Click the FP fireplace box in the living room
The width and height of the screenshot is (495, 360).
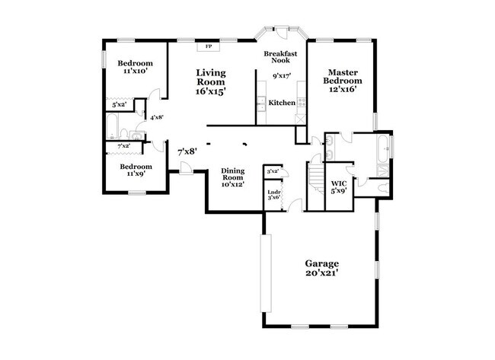pos(209,46)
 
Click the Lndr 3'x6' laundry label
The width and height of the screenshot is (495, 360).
pos(274,194)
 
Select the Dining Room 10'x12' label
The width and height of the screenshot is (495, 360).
pos(232,177)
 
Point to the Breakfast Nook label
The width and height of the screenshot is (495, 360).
pos(279,57)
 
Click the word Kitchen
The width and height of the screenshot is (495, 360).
pos(282,102)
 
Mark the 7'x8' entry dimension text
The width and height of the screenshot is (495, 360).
pos(187,151)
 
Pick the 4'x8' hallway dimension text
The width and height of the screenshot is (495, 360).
pos(157,117)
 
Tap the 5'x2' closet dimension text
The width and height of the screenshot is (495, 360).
pos(119,104)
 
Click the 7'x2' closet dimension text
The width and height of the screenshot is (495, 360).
pos(123,145)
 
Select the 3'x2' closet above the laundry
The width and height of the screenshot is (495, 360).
pos(272,170)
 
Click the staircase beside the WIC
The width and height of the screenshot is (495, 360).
pos(316,180)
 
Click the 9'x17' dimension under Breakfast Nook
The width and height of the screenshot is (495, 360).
pos(283,75)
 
